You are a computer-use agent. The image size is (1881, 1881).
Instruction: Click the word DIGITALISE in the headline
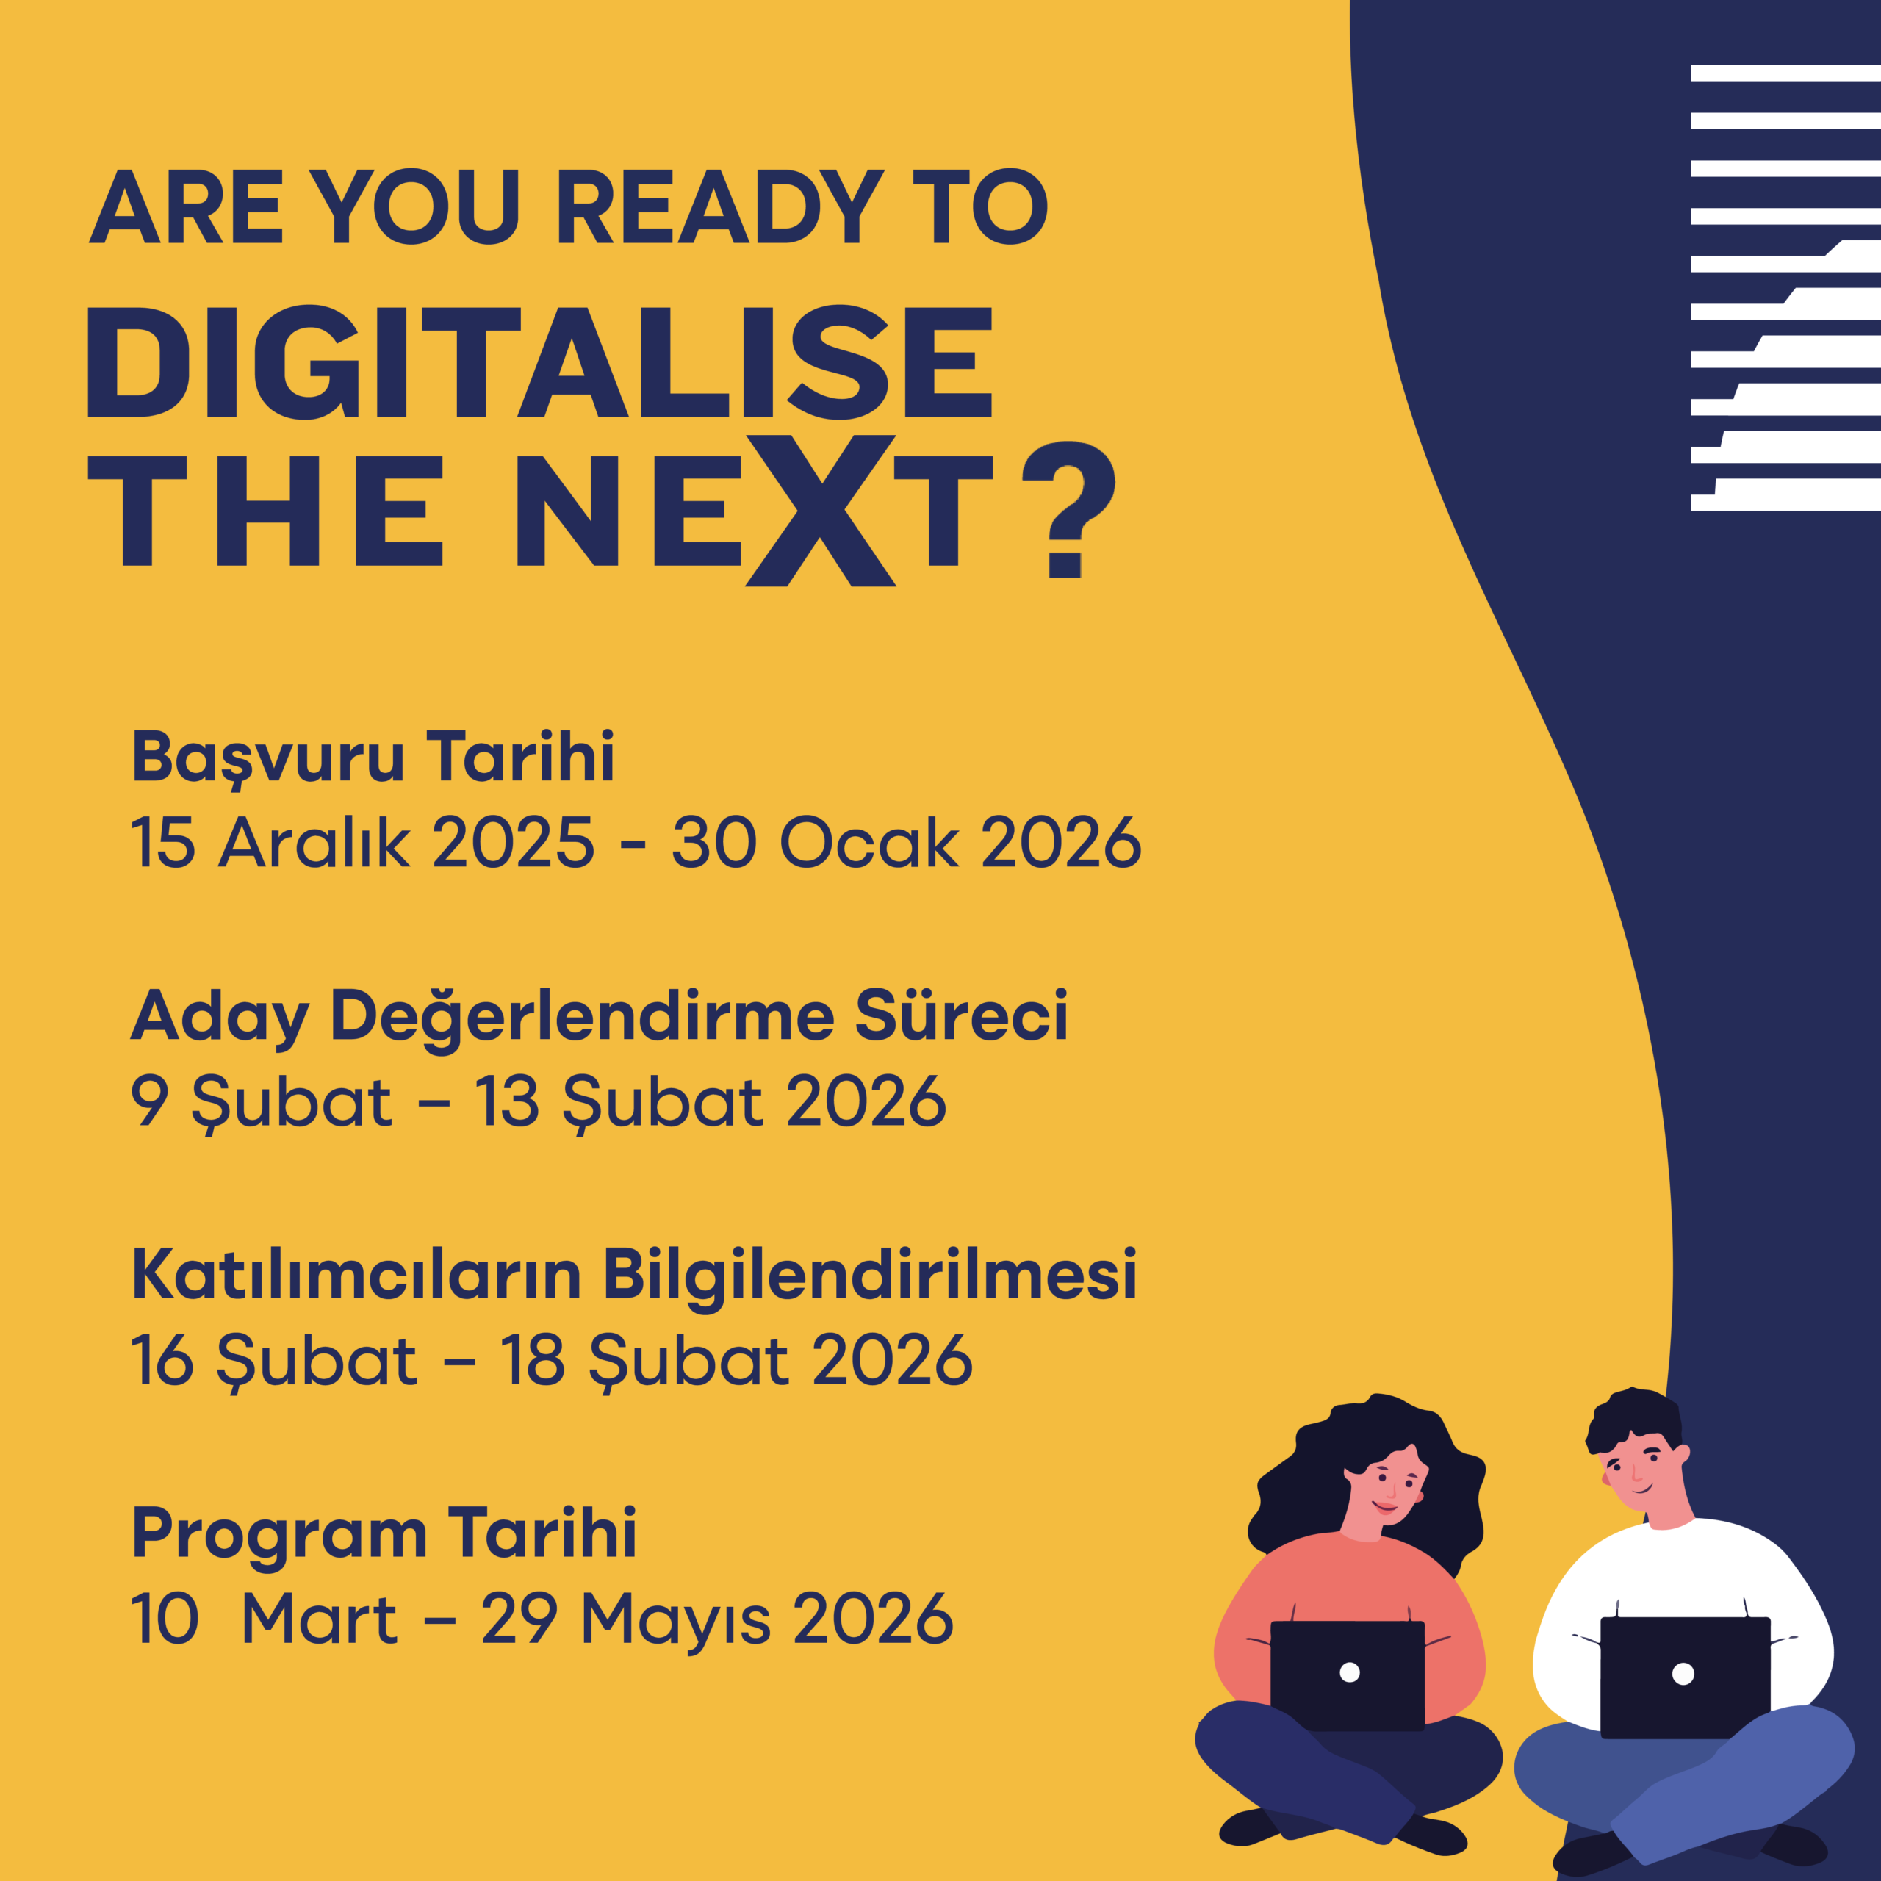click(x=540, y=362)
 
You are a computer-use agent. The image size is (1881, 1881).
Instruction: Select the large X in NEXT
click(x=820, y=510)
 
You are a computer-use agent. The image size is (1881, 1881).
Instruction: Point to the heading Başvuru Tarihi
click(x=373, y=757)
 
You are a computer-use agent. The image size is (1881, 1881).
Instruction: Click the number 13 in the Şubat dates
click(x=506, y=1101)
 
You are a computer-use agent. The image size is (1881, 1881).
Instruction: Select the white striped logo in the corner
click(x=1785, y=287)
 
